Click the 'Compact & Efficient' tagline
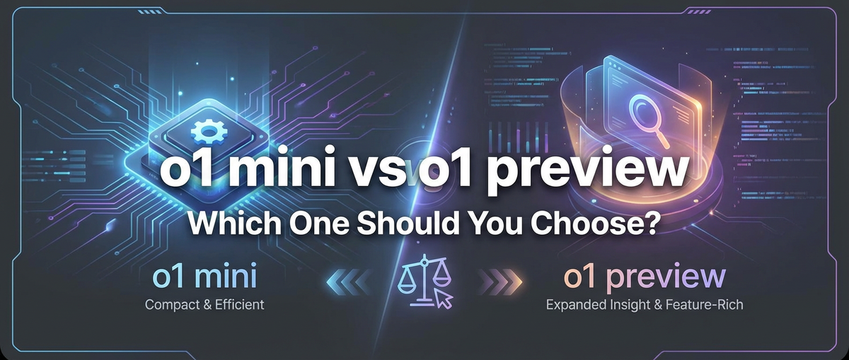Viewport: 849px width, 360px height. click(204, 306)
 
